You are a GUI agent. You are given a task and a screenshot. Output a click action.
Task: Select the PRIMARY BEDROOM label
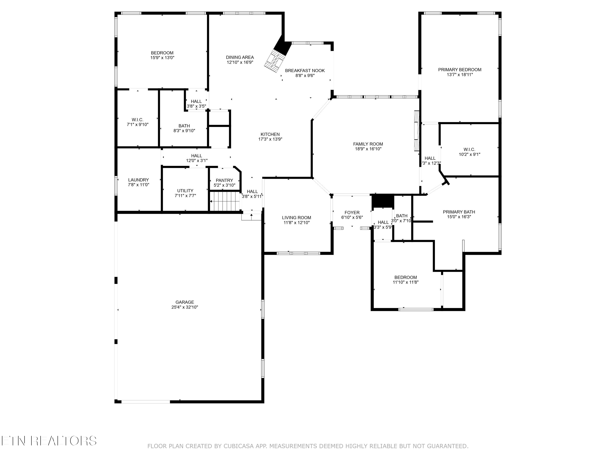[x=460, y=70]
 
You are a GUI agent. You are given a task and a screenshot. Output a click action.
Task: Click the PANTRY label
[x=224, y=180]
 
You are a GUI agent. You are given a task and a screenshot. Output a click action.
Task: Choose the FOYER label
[x=352, y=213]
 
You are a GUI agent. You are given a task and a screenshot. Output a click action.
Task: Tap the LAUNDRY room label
[x=138, y=180]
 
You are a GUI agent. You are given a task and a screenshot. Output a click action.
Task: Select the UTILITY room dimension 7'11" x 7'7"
[x=185, y=195]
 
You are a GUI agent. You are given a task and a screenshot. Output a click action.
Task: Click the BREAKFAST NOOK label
[x=305, y=70]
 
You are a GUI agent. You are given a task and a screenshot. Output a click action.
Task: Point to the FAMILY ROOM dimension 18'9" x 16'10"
[x=368, y=149]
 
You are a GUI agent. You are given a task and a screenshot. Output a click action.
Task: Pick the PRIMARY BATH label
[x=459, y=212]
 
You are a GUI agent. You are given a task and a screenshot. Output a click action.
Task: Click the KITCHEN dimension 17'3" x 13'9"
[x=270, y=139]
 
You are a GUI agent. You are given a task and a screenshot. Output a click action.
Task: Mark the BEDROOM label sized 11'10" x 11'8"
[x=406, y=277]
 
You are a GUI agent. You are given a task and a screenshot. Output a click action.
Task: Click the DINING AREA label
[x=240, y=57]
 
